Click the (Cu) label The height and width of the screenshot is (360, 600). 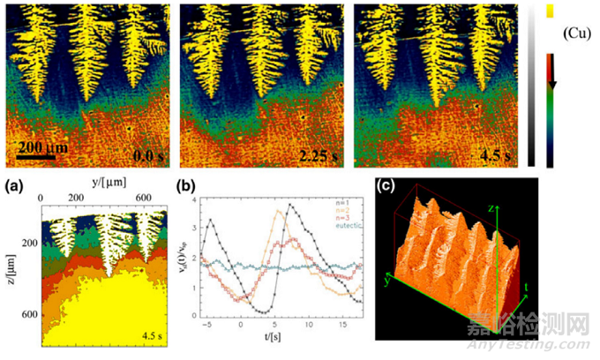[x=574, y=34]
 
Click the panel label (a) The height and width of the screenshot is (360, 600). [x=15, y=186]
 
